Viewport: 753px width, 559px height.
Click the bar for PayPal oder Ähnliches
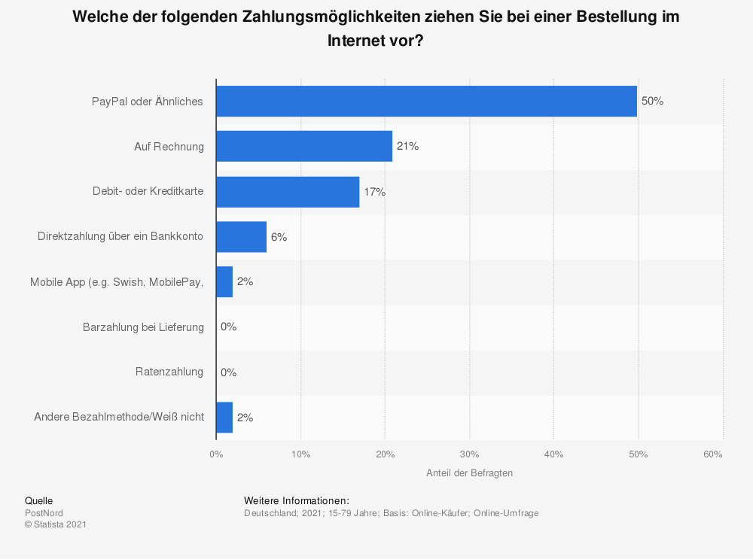coord(426,102)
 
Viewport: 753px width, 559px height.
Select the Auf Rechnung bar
coord(304,147)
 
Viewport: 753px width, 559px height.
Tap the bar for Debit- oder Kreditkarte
coord(288,192)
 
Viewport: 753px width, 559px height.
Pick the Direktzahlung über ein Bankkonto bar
coord(241,237)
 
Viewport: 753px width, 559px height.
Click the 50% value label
coord(652,102)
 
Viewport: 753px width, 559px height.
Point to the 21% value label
coord(407,147)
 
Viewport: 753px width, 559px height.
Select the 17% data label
coord(374,192)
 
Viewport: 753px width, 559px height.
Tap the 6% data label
coord(279,237)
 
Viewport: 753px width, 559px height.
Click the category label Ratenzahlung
coord(169,372)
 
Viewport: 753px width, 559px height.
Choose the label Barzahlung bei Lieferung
coord(143,327)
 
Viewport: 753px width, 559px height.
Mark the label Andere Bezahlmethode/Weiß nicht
coord(119,417)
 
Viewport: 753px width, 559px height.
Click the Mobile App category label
coord(117,282)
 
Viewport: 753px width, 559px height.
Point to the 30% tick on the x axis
coord(469,454)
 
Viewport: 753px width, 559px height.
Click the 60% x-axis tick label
coord(713,454)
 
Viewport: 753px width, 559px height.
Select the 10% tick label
coord(300,454)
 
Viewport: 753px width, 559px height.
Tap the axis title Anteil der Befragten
coord(469,473)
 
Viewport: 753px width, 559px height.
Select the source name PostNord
coord(44,513)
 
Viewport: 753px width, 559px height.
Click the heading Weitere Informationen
coord(297,500)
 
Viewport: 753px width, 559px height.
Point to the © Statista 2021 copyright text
coord(56,524)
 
